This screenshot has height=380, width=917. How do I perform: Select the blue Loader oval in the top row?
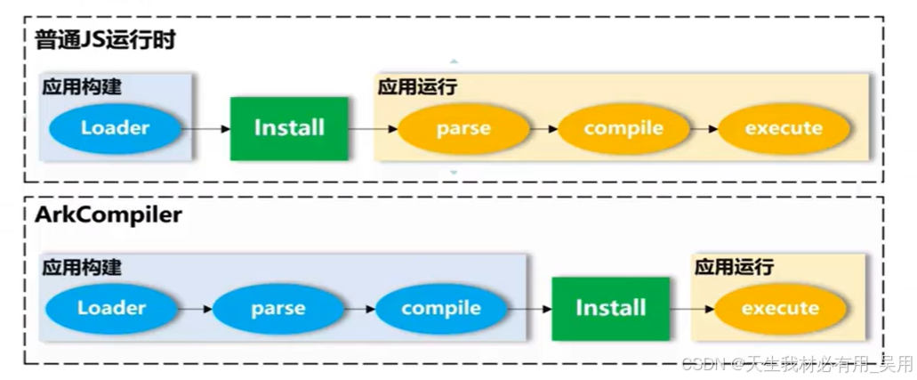[115, 127]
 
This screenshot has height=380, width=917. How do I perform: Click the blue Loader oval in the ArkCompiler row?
[111, 308]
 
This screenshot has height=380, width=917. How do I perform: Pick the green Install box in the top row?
[289, 128]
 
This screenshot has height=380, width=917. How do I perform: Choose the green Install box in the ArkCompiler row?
[610, 308]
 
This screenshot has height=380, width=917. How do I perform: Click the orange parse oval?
[463, 128]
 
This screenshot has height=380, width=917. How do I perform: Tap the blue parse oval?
[278, 309]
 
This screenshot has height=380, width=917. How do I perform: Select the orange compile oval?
[623, 128]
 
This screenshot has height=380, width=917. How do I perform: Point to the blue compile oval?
[441, 309]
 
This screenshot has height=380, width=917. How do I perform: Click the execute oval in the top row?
[784, 128]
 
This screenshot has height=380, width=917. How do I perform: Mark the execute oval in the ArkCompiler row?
[780, 309]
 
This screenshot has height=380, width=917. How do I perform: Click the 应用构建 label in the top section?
[82, 87]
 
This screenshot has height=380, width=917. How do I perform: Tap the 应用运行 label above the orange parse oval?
[417, 87]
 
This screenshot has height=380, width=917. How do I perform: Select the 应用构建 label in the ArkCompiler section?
[82, 267]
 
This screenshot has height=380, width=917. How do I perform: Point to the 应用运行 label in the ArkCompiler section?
[734, 267]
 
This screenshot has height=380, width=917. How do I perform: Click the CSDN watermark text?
[797, 364]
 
